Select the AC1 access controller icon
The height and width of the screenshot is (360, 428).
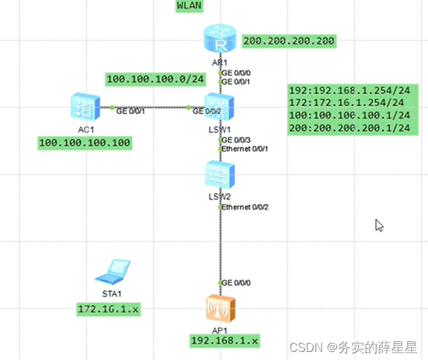84,107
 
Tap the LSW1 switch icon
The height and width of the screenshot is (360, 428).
219,107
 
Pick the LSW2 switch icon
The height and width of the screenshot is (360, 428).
219,175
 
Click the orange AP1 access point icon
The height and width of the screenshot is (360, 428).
219,310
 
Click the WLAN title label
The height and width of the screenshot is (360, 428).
189,6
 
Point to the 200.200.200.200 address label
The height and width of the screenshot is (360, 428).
289,41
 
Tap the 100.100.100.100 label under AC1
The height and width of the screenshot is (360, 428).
84,143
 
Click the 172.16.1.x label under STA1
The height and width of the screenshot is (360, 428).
111,308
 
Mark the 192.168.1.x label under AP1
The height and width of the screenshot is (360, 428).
224,341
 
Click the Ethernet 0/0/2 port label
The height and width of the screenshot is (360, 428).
245,207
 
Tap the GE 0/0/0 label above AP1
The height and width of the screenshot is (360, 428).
236,283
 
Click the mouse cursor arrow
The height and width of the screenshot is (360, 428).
379,225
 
